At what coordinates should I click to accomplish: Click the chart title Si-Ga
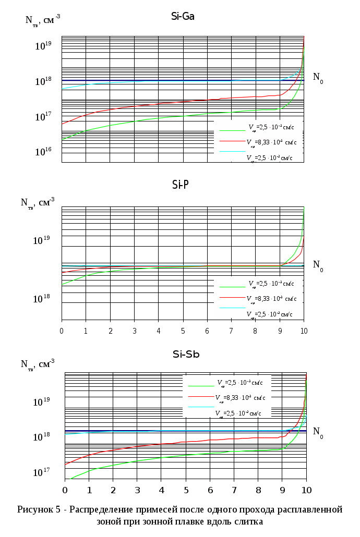tap(183, 16)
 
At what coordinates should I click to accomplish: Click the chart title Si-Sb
tap(186, 355)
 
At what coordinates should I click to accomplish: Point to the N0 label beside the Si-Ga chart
tap(318, 77)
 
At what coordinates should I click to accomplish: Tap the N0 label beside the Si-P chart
tap(318, 264)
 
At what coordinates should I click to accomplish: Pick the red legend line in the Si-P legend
tap(232, 298)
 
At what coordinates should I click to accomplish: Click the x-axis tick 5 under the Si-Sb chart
tap(186, 491)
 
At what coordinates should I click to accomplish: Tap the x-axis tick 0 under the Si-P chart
tap(62, 331)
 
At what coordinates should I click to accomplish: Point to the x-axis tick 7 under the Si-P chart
tap(231, 331)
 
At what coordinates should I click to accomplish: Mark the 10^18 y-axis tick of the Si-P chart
tap(42, 299)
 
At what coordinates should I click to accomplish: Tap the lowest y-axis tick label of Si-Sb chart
tap(42, 472)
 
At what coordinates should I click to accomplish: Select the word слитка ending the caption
tap(250, 521)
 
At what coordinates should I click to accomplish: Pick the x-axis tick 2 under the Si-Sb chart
tap(113, 491)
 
